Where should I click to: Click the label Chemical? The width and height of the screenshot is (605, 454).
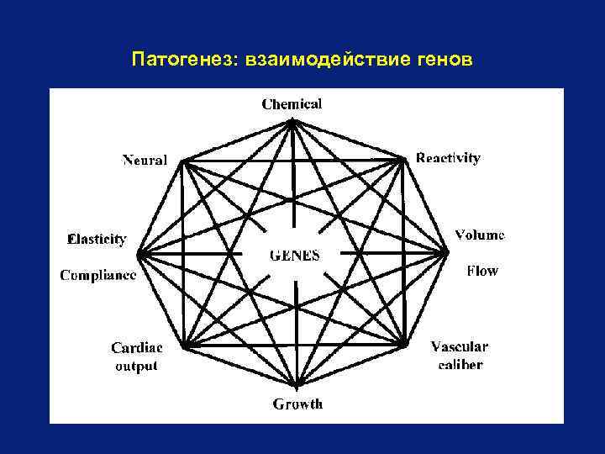coord(292,104)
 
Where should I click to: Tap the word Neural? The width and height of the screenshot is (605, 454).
coord(145,160)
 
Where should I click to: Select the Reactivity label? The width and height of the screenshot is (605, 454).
coord(449,158)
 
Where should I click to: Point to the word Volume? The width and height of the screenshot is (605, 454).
coord(480,235)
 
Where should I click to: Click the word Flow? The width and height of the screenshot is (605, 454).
coord(482,271)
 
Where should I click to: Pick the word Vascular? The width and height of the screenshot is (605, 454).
coord(459,346)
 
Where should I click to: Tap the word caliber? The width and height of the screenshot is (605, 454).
coord(460,364)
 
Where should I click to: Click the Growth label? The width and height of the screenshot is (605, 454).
coord(297,404)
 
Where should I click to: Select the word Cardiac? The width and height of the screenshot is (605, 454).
coord(137,347)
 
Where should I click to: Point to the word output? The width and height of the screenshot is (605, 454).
coord(136,366)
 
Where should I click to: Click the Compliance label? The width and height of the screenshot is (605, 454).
coord(98,275)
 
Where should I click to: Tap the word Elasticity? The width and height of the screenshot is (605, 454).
coord(97,239)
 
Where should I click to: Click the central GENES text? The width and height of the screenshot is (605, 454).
coord(294,256)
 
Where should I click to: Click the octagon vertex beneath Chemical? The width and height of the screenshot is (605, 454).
coord(292,122)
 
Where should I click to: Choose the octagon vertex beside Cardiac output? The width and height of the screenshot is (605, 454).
coord(186,345)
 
